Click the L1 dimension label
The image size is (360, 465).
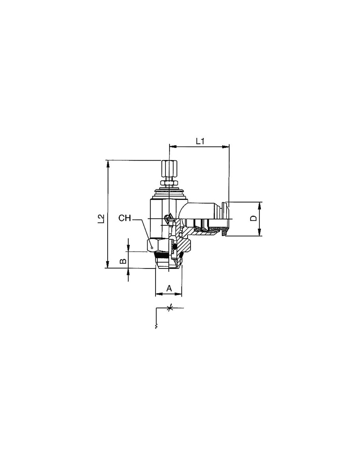point(200,141)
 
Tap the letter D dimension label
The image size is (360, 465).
point(254,218)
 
